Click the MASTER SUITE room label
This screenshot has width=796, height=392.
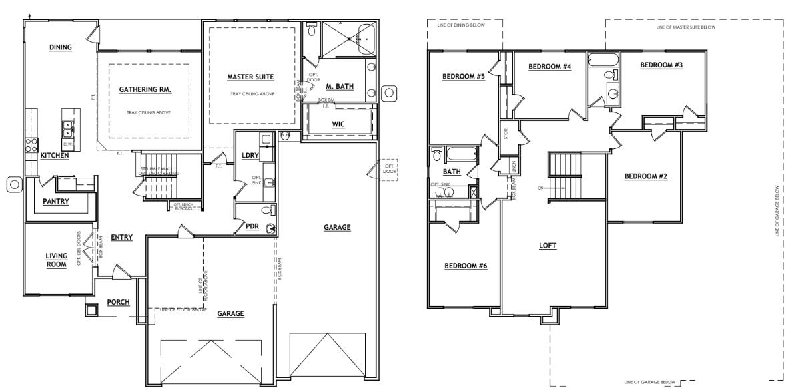tap(250, 77)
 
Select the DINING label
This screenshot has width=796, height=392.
tap(61, 47)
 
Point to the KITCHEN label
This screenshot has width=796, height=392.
tap(55, 156)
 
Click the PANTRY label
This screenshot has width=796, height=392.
tap(57, 201)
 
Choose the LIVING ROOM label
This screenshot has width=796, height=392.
tap(57, 260)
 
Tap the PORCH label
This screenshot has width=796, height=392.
tap(118, 302)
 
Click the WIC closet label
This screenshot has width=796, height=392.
tap(338, 124)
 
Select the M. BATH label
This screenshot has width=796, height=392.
tap(340, 87)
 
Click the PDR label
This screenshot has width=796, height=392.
tap(252, 227)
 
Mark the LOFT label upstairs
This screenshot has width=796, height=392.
tap(547, 245)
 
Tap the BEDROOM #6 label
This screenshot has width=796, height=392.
tap(465, 266)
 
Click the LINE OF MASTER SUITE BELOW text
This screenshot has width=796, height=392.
tap(686, 28)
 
